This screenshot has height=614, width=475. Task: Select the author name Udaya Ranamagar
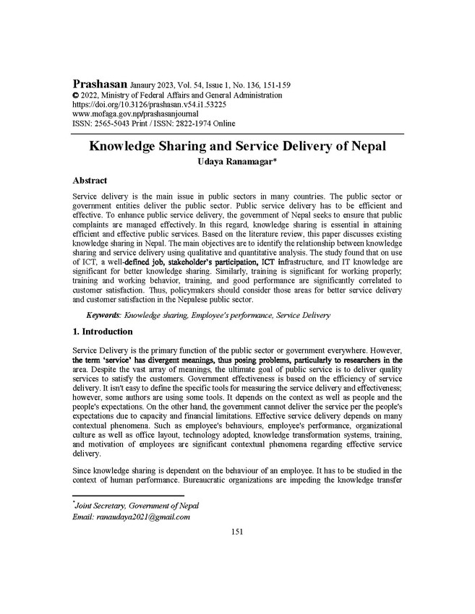(x=236, y=161)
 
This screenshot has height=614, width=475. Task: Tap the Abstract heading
(x=90, y=180)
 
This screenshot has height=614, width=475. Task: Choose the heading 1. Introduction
(x=103, y=332)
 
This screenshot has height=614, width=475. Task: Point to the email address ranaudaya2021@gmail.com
(x=142, y=516)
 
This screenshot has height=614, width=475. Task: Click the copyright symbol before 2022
(x=77, y=95)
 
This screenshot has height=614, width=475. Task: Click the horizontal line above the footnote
(x=129, y=496)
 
